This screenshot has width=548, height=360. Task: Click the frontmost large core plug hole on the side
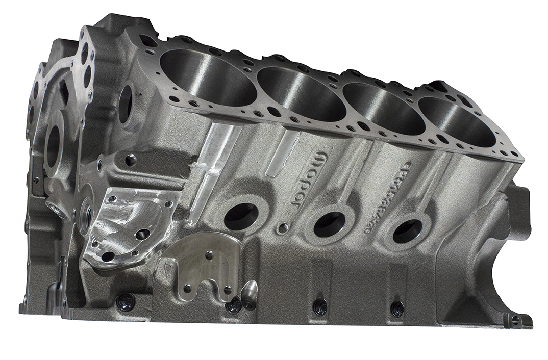point(241,216)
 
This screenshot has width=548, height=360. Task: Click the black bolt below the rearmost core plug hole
point(397,308)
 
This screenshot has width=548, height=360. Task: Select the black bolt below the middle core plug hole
point(320,306)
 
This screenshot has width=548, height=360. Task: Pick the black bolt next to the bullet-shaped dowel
point(234,305)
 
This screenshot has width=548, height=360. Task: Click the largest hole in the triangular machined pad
point(142,234)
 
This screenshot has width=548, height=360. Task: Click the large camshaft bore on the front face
point(53,148)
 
